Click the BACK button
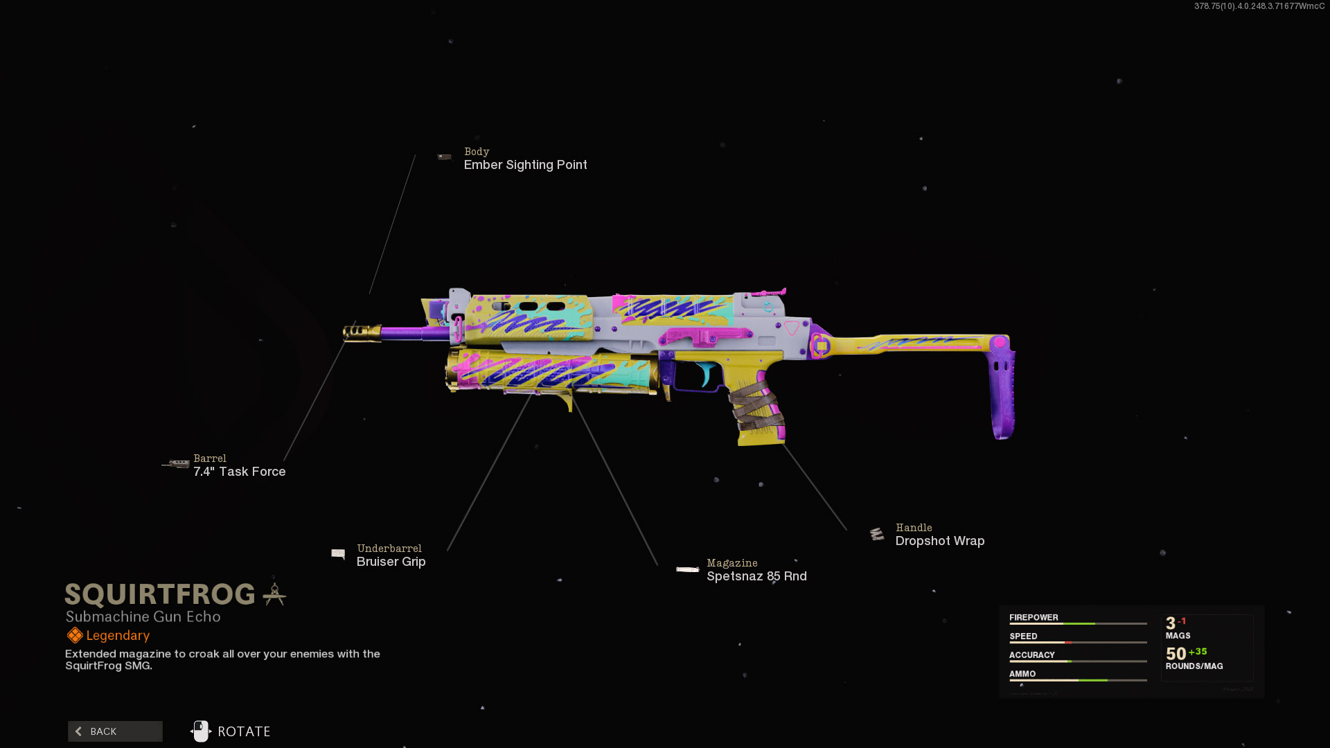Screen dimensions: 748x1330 pyautogui.click(x=115, y=731)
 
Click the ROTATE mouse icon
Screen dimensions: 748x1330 pyautogui.click(x=201, y=731)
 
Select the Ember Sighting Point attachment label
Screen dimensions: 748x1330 pyautogui.click(x=525, y=165)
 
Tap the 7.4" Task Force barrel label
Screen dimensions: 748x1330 pyautogui.click(x=239, y=472)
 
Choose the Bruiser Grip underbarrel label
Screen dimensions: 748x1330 pyautogui.click(x=391, y=562)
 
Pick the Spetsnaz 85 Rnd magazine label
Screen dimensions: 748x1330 pyautogui.click(x=756, y=576)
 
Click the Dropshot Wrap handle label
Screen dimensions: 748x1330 pyautogui.click(x=939, y=541)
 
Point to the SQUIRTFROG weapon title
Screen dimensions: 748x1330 pyautogui.click(x=160, y=594)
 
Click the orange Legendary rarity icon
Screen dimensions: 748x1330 pyautogui.click(x=75, y=635)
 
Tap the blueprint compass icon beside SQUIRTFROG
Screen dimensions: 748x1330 pyautogui.click(x=274, y=594)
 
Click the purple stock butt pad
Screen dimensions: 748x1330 pyautogui.click(x=1002, y=395)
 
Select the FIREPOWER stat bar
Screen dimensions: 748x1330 pyautogui.click(x=1077, y=624)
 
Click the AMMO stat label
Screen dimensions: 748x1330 pyautogui.click(x=1022, y=674)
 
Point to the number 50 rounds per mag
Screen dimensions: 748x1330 pyautogui.click(x=1176, y=654)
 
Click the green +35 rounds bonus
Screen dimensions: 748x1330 pyautogui.click(x=1198, y=652)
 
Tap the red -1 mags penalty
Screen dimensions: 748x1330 pyautogui.click(x=1182, y=621)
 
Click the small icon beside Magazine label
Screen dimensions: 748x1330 pyautogui.click(x=687, y=569)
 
